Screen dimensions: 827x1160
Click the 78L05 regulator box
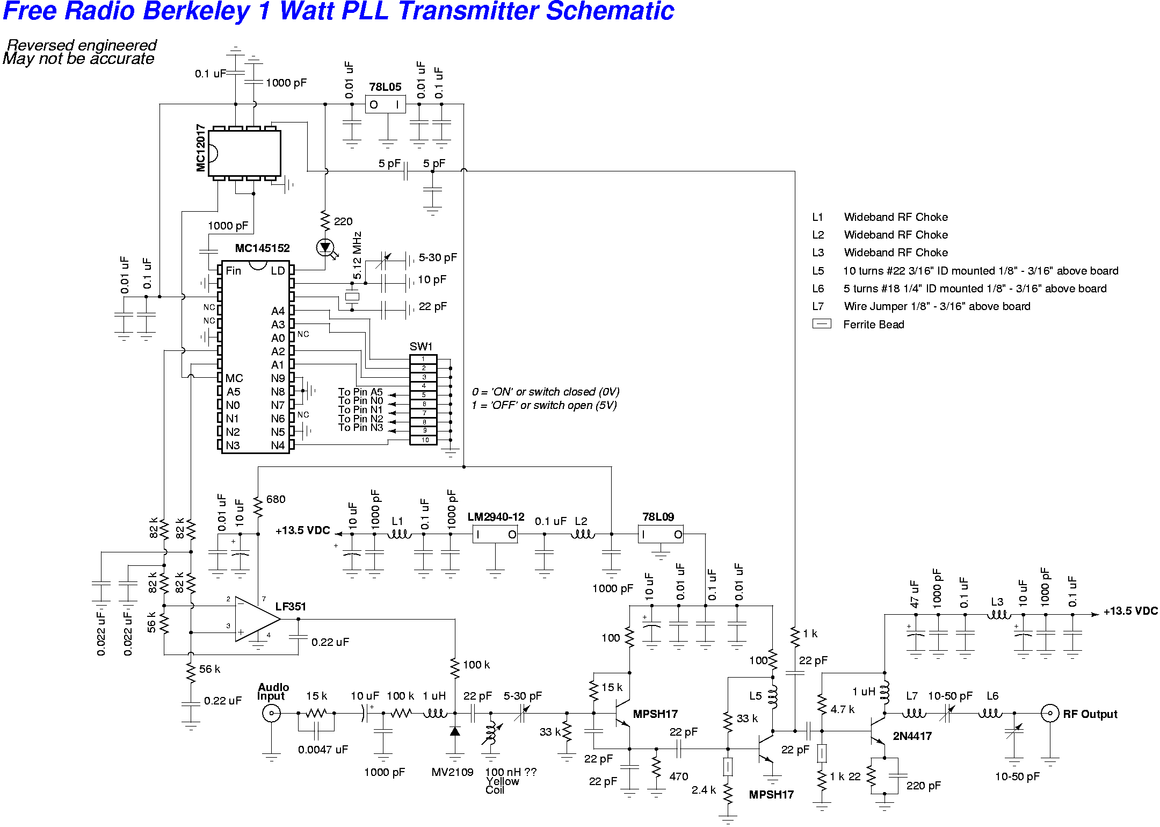tap(385, 104)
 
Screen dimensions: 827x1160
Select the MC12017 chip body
tap(245, 153)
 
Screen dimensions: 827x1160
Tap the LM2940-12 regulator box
tap(495, 534)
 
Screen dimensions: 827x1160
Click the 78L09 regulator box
tap(661, 534)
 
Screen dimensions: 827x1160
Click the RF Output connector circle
tap(1049, 713)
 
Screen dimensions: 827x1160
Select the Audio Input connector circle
tap(271, 713)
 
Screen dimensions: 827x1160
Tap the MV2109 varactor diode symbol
tap(455, 731)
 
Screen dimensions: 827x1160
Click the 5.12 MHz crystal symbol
tap(352, 296)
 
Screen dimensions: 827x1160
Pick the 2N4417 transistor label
tap(912, 736)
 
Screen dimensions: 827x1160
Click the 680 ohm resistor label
tap(275, 499)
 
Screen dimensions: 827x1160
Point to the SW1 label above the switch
tap(421, 347)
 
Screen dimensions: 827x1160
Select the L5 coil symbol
tap(773, 696)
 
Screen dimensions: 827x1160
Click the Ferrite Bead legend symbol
tap(822, 324)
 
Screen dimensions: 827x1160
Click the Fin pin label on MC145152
tap(233, 271)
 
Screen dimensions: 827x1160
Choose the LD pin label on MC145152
tap(278, 271)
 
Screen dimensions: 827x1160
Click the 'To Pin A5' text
tap(360, 392)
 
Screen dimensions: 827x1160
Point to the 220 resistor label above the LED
tap(343, 221)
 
